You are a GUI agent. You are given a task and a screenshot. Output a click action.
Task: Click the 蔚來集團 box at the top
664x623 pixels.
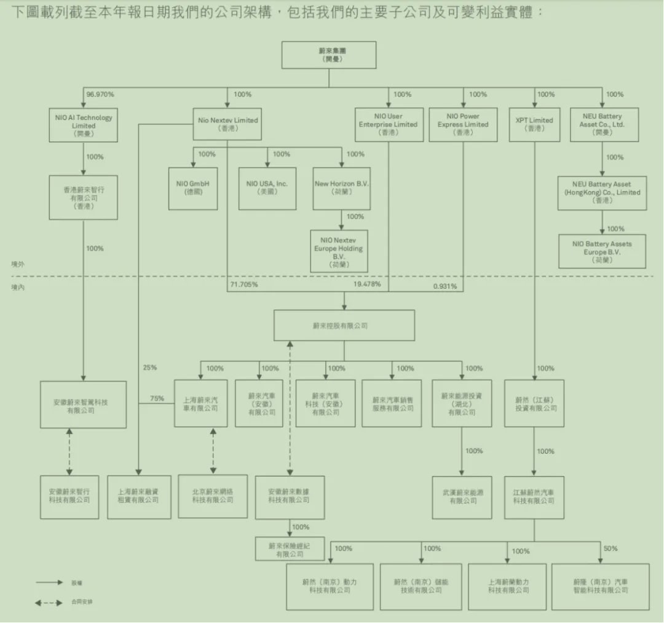(329, 55)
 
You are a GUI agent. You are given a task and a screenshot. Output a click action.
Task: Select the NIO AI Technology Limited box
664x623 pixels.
(84, 125)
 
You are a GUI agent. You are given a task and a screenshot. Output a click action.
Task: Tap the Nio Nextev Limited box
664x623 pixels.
(228, 124)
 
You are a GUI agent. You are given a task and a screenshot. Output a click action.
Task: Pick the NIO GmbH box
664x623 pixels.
(193, 188)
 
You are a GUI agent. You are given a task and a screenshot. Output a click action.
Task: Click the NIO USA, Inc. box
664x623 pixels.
(267, 188)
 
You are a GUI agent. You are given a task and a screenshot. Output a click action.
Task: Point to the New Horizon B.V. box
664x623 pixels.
(342, 188)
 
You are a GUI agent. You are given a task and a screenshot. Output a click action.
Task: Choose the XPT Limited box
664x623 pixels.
(534, 124)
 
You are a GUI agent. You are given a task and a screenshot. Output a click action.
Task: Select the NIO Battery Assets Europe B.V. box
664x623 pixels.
(602, 251)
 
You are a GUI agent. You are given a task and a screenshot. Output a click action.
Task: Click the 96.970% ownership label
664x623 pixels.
(100, 94)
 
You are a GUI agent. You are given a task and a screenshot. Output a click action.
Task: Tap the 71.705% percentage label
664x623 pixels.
(244, 286)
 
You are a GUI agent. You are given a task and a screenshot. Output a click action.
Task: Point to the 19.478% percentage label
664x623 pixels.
(367, 284)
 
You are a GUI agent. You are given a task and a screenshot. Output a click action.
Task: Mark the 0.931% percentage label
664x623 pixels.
(445, 286)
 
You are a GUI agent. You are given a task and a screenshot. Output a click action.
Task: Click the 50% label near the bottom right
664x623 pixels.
(611, 549)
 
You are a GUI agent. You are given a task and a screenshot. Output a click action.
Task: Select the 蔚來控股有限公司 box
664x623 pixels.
(344, 325)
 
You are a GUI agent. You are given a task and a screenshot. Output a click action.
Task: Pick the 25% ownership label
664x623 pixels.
(150, 368)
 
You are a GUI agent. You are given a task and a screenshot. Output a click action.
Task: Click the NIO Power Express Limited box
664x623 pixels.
(464, 124)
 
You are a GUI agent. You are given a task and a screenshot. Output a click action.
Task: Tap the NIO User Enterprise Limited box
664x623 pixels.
(388, 124)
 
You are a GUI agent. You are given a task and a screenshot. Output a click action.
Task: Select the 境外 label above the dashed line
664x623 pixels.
(18, 264)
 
